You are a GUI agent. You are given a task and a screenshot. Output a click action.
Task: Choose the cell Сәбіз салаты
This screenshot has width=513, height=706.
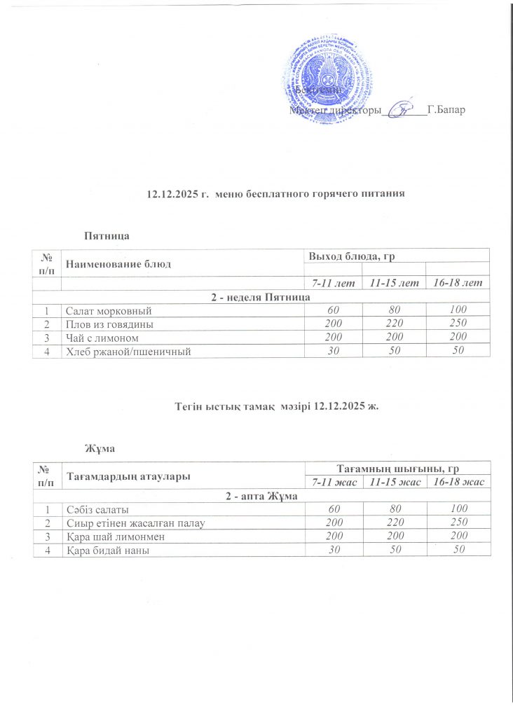click(97, 509)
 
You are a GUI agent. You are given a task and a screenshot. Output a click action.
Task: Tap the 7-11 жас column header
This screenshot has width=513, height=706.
click(334, 483)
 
